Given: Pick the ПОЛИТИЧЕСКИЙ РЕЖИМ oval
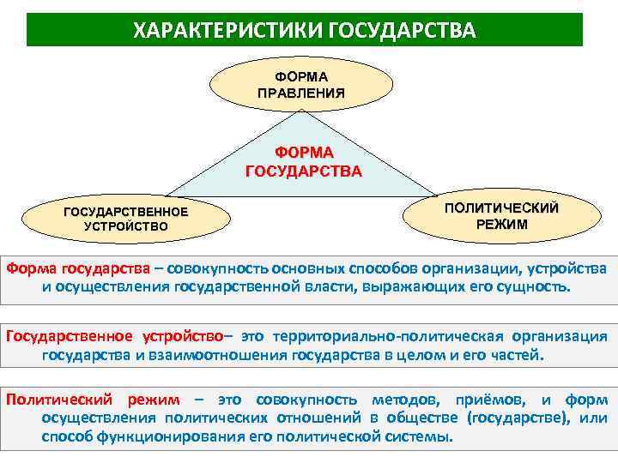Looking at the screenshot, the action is click(501, 216).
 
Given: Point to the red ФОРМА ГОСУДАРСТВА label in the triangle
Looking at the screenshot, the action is click(304, 161).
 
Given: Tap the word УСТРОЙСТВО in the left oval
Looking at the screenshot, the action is click(126, 227).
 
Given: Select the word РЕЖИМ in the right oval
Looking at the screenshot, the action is click(502, 225).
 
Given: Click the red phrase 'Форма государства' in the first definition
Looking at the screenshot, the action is click(79, 268).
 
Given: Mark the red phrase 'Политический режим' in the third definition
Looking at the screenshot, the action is click(93, 400).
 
